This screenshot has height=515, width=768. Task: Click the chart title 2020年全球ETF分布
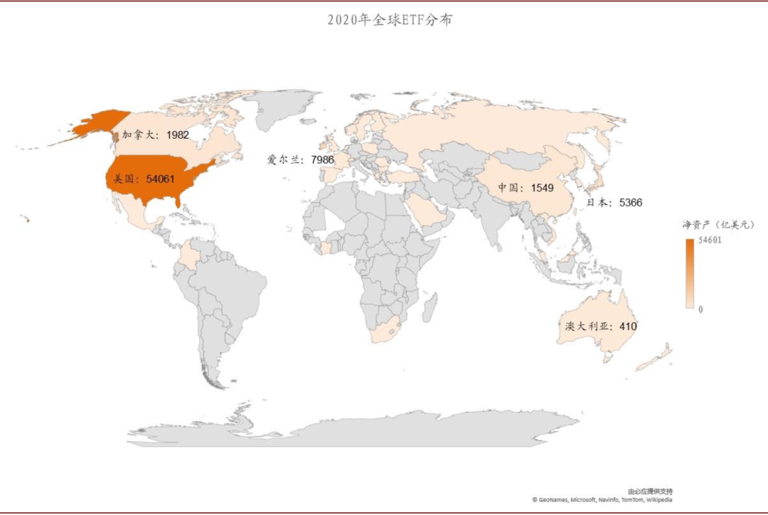(390, 21)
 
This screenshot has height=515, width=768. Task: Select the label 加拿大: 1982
(155, 134)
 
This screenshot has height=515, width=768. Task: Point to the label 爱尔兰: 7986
(300, 160)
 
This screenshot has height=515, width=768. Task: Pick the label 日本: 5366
(614, 203)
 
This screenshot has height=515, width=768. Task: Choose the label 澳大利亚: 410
(600, 326)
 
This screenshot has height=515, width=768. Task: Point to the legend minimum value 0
(700, 309)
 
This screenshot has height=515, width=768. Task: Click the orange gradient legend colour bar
(690, 274)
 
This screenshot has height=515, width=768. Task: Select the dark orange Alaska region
(100, 122)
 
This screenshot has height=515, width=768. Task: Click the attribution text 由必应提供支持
(650, 492)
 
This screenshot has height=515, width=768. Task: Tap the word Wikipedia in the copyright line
(658, 500)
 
